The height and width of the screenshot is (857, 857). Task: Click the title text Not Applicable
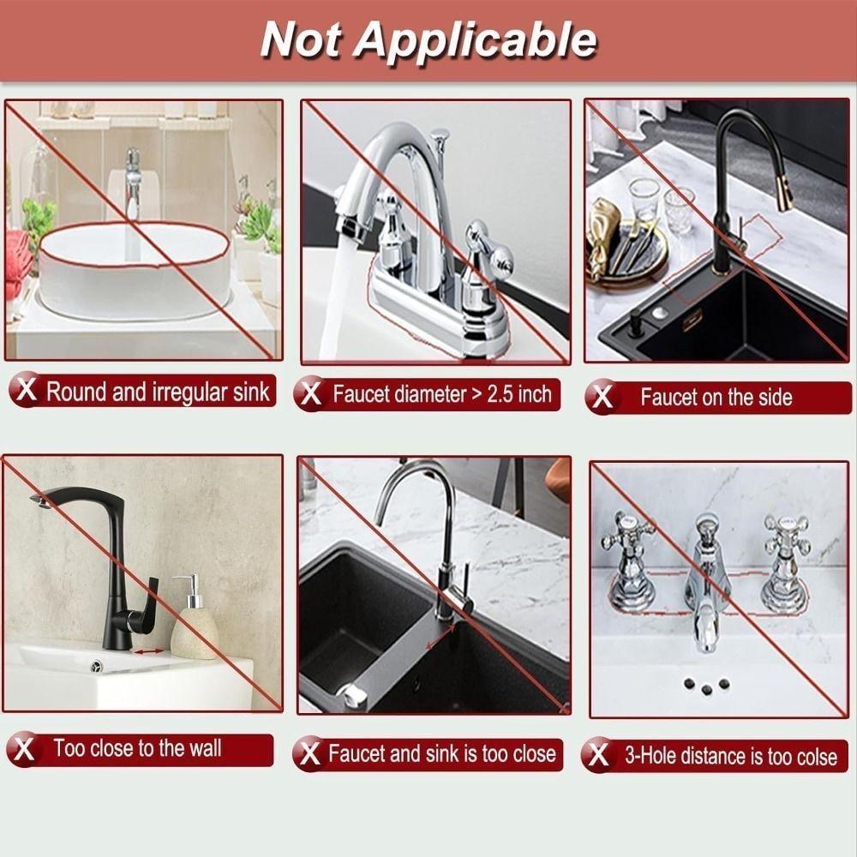(428, 39)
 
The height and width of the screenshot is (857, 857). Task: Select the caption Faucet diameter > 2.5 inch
(441, 395)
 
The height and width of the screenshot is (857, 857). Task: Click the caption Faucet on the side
(716, 397)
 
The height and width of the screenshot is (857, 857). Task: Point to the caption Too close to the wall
(137, 748)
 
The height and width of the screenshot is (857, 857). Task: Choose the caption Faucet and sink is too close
(441, 754)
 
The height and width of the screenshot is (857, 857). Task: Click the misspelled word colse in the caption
(813, 757)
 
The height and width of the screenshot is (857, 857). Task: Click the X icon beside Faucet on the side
(603, 397)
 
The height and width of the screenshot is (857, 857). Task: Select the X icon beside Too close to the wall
(26, 749)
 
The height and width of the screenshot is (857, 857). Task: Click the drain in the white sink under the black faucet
(97, 665)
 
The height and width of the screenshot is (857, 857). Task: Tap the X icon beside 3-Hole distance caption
(599, 756)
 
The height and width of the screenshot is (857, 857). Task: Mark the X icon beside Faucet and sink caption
(309, 754)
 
